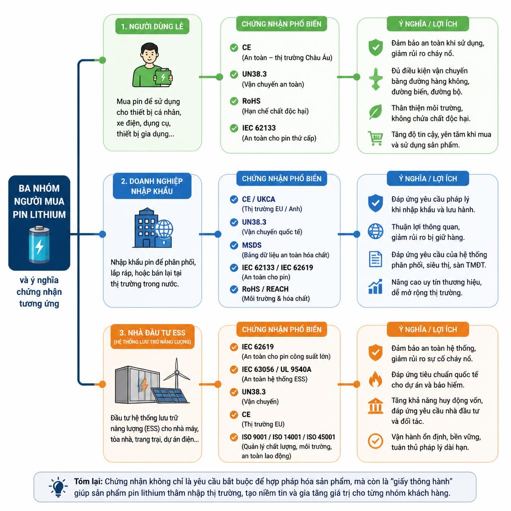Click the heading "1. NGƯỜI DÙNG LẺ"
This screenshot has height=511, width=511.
[x=152, y=26]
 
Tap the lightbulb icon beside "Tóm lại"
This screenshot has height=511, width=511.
[x=58, y=487]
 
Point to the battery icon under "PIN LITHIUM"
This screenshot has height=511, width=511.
[x=39, y=245]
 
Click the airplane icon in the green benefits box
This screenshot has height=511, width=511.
[x=375, y=79]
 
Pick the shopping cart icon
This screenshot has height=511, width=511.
[x=375, y=139]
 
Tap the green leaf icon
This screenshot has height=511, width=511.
[x=375, y=112]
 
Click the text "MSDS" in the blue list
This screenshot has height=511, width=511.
[x=252, y=245]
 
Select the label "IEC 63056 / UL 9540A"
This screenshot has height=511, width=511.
[x=276, y=369]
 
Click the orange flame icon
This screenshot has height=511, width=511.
[x=375, y=379]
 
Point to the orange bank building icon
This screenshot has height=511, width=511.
[x=375, y=406]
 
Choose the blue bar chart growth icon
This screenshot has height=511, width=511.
[x=375, y=286]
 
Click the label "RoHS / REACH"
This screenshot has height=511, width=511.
[x=265, y=289]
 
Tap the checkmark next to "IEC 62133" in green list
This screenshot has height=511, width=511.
[x=234, y=128]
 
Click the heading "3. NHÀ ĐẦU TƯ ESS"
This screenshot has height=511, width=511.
[x=152, y=333]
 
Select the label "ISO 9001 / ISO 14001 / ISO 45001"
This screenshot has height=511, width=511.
[x=288, y=437]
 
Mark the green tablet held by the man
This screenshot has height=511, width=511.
[x=163, y=77]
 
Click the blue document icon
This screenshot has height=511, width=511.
[x=375, y=259]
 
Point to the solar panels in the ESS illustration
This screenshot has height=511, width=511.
[x=169, y=396]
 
